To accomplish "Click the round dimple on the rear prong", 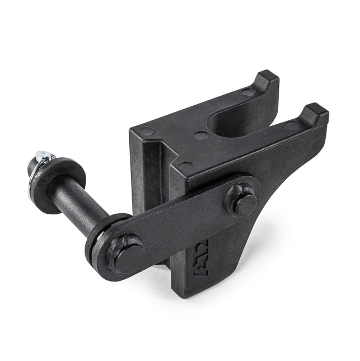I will tap(247, 92).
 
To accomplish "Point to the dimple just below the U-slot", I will tap(201, 135).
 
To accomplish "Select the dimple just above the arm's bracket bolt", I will tap(185, 166).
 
